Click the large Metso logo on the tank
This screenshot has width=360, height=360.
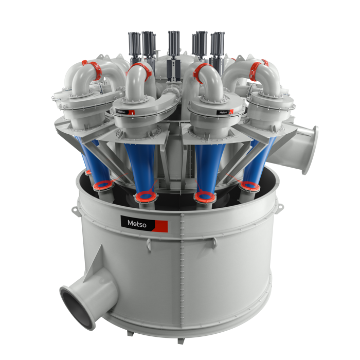[144, 224]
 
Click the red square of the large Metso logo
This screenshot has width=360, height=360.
[161, 226]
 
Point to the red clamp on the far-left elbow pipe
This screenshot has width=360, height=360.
[93, 69]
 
